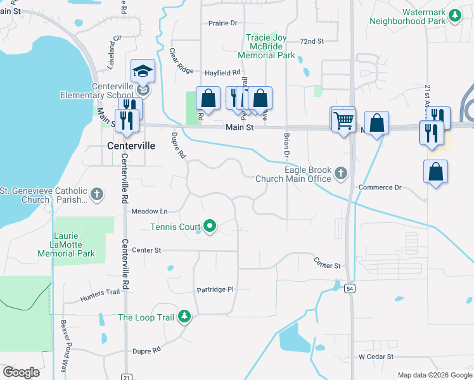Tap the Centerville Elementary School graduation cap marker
coord(143,72)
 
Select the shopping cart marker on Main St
coord(343,119)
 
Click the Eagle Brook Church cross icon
coord(341,173)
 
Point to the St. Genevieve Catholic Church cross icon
coord(97,194)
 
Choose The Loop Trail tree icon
coord(184,315)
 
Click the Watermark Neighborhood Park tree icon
coord(454,15)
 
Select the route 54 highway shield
coord(350,289)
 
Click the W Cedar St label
coord(376,357)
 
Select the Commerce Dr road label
coord(380,187)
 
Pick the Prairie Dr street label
coord(222,23)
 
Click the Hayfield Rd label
coord(222,73)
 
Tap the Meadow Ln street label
coord(149,211)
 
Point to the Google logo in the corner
coord(22,372)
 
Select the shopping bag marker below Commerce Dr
coord(436,172)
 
